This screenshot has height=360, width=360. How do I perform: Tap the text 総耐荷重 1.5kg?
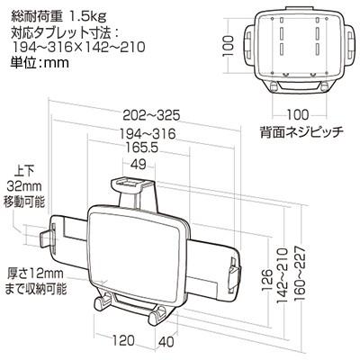[63, 12]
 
